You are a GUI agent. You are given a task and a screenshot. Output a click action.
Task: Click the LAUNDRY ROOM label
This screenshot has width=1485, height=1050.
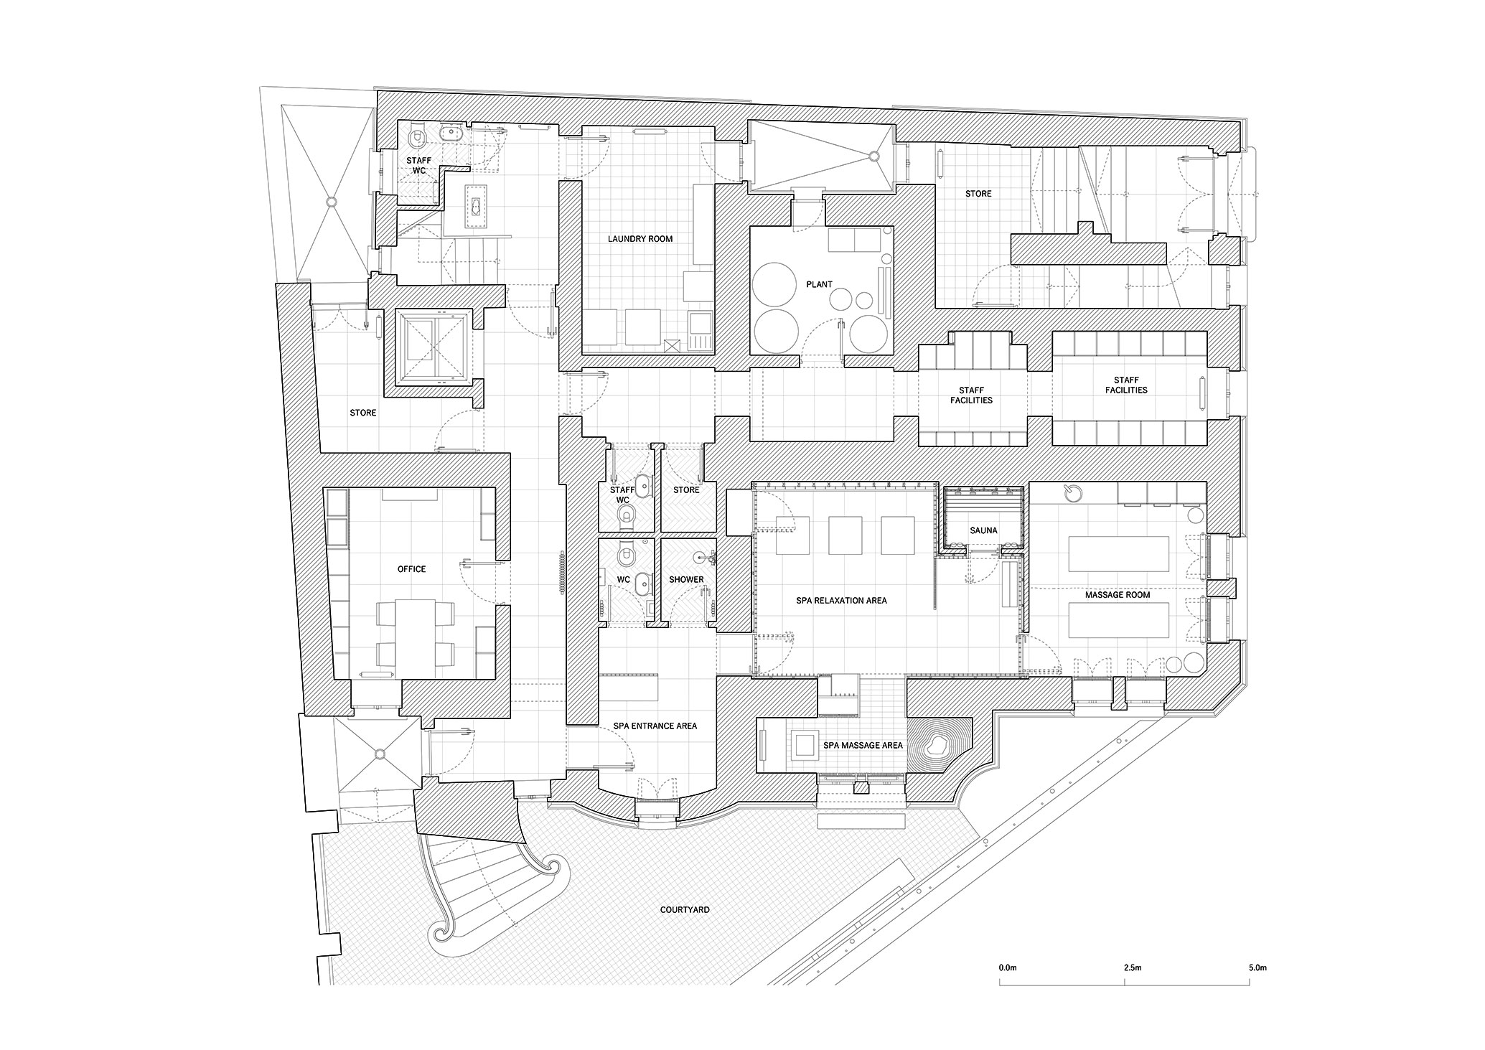[x=640, y=238]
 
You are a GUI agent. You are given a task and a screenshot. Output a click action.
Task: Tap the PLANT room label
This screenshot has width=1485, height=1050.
[x=819, y=284]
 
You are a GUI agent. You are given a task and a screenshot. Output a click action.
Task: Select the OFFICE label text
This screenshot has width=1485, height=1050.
[x=412, y=569]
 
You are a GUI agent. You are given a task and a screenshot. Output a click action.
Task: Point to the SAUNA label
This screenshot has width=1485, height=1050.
[x=983, y=530]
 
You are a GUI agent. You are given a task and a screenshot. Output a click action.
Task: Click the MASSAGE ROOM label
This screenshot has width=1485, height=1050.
[x=1118, y=595]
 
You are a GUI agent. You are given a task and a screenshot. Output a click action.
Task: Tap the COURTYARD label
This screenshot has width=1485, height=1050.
[x=685, y=910]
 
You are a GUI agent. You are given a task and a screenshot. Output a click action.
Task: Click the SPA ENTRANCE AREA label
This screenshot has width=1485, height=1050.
[x=655, y=726]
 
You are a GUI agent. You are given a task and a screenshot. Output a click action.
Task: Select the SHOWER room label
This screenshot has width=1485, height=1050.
[x=687, y=580]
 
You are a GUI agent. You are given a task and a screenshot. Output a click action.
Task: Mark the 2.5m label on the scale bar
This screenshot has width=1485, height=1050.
[x=1133, y=968]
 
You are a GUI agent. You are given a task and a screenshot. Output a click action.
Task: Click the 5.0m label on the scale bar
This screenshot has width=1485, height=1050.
[x=1258, y=968]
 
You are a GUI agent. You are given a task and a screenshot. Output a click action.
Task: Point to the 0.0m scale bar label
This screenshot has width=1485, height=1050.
[x=1008, y=968]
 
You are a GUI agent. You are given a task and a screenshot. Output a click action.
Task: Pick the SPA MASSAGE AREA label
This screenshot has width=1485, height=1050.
[x=863, y=746]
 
